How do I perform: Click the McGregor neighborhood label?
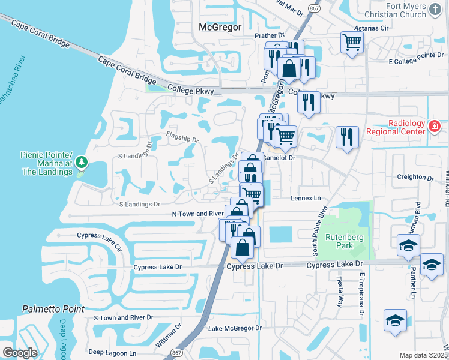[220, 27]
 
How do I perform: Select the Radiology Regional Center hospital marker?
[435, 127]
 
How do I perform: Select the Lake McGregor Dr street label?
[235, 328]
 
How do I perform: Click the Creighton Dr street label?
[415, 178]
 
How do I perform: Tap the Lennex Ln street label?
[306, 198]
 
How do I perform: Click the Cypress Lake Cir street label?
[103, 242]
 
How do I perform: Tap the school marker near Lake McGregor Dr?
[395, 320]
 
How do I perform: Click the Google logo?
[19, 353]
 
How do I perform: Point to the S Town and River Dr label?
[124, 317]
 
